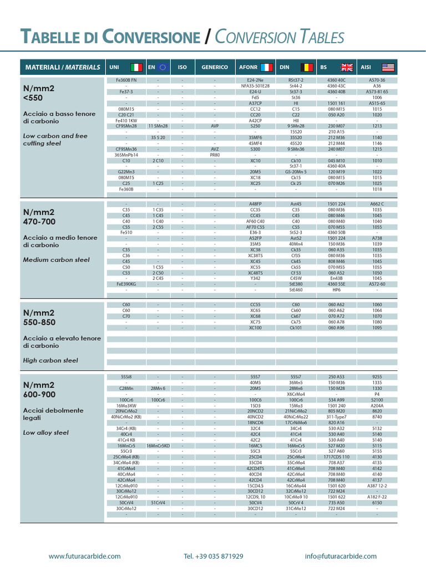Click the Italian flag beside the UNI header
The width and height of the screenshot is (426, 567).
click(136, 67)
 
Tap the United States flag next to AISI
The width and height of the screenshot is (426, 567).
click(388, 67)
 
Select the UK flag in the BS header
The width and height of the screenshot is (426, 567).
click(347, 67)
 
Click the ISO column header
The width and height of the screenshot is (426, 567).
click(182, 67)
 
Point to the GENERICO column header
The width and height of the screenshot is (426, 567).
click(215, 67)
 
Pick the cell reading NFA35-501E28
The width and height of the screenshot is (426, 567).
click(255, 86)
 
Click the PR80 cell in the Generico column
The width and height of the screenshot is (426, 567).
click(215, 155)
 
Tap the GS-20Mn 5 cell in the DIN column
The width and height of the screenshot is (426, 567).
click(296, 172)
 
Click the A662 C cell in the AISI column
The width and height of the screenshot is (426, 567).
click(377, 204)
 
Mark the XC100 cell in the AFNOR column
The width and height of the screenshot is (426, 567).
click(255, 327)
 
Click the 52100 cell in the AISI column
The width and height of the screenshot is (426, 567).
click(377, 399)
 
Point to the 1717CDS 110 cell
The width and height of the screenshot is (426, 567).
click(336, 457)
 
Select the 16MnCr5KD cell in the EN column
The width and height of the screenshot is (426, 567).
click(158, 445)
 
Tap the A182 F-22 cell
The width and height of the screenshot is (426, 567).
click(377, 497)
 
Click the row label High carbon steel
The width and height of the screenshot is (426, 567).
click(50, 360)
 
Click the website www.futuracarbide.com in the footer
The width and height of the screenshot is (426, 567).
click(84, 556)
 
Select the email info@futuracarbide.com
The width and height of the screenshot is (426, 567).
click(341, 556)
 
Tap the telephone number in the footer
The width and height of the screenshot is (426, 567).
click(213, 556)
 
